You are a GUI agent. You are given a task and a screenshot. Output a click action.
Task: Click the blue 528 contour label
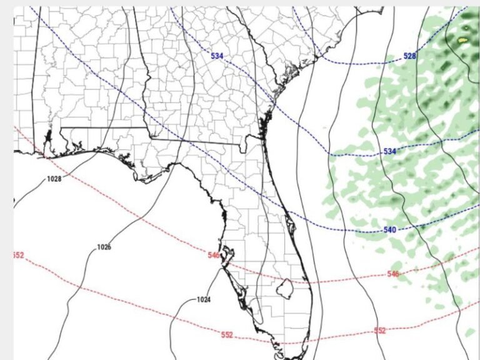[x=409, y=56]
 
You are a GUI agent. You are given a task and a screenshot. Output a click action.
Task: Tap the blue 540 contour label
[x=390, y=230]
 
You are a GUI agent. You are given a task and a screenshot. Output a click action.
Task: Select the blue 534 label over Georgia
[x=217, y=56]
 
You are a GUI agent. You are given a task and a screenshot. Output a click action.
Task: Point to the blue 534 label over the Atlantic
[x=390, y=152]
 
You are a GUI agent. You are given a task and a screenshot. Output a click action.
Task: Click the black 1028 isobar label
[x=54, y=179]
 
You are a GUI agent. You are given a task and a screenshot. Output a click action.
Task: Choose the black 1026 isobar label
[x=104, y=247]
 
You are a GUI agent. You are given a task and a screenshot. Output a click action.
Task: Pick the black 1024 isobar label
[x=204, y=299]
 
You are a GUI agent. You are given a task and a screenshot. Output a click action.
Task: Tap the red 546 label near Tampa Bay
[x=214, y=255]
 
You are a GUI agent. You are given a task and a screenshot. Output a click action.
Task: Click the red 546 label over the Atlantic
[x=393, y=274]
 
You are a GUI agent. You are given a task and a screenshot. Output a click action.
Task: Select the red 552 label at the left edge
[x=18, y=255]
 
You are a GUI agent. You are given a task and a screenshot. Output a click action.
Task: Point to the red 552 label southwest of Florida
[x=227, y=334]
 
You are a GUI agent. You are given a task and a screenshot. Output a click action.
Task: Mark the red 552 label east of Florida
[x=380, y=330]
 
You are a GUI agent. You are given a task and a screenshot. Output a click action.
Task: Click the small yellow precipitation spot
[x=462, y=41]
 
